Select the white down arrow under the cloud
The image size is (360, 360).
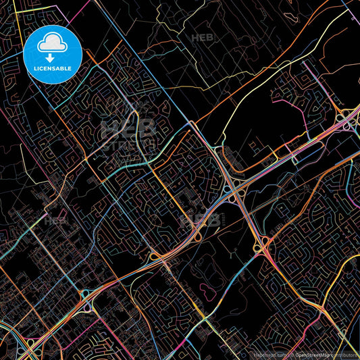(x=51, y=48)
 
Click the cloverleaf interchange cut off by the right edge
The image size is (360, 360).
(x=352, y=122)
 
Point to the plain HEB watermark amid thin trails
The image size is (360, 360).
(x=201, y=38)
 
